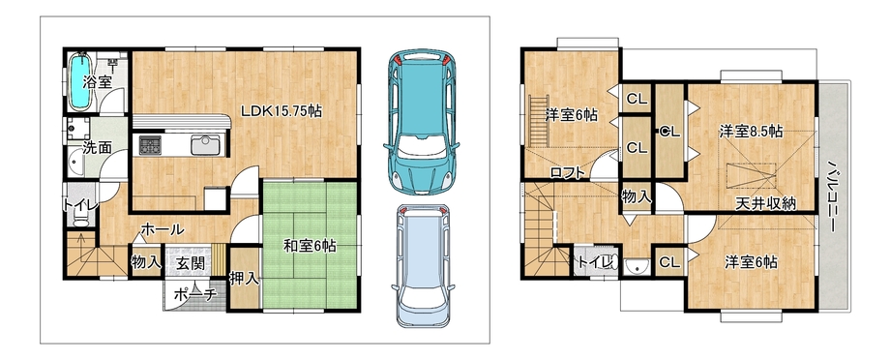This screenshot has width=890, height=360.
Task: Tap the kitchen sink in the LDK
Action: (x=205, y=145)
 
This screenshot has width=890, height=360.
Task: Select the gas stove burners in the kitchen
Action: (x=150, y=145)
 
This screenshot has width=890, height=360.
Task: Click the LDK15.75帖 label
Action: (x=282, y=111)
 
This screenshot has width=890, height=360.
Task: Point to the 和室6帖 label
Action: (x=310, y=246)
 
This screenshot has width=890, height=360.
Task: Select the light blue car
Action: (x=423, y=265)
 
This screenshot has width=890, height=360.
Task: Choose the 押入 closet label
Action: (x=245, y=279)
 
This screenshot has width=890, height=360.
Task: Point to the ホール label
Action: (x=162, y=229)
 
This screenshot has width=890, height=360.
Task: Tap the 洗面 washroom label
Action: (x=97, y=149)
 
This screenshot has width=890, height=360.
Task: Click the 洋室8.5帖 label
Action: (x=751, y=132)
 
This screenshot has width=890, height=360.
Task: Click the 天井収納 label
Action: (x=766, y=203)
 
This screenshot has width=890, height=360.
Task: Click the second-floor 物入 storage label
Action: (x=637, y=197)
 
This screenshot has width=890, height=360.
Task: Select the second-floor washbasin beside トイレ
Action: (x=637, y=266)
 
